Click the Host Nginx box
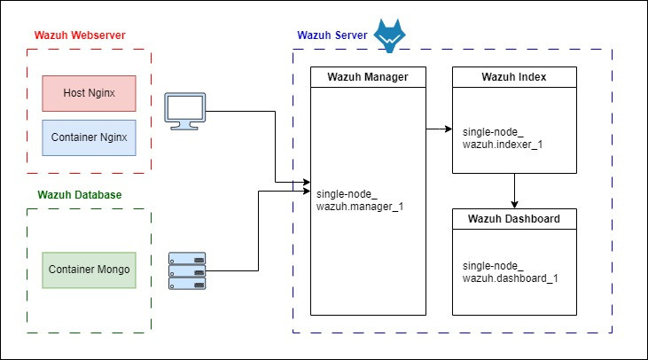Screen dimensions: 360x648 point(89,93)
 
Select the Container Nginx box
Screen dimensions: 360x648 point(89,137)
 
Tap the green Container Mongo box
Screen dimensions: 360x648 point(90,270)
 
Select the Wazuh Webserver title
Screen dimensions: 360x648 point(80,35)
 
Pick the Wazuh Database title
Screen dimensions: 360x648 point(80,194)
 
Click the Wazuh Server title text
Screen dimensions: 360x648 point(332,35)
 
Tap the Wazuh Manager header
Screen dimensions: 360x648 point(368,77)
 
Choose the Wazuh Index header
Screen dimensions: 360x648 point(513,77)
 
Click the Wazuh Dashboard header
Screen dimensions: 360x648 point(513,219)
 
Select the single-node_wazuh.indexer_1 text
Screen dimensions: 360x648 point(496,137)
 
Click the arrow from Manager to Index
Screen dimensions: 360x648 point(439,130)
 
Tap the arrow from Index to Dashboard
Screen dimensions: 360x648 point(515,191)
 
